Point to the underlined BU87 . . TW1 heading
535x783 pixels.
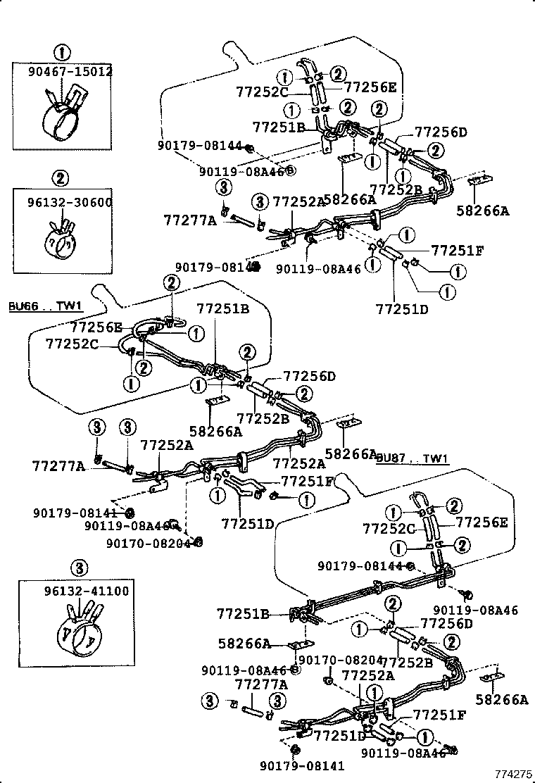pyautogui.click(x=413, y=459)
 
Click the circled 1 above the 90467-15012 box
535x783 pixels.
pyautogui.click(x=63, y=51)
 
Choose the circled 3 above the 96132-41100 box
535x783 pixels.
pyautogui.click(x=79, y=567)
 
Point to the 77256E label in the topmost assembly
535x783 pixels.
pyautogui.click(x=370, y=87)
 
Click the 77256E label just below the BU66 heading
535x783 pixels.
pyautogui.click(x=96, y=327)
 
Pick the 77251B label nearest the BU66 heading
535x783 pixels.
pyautogui.click(x=223, y=308)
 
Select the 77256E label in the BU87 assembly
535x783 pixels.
pyautogui.click(x=482, y=522)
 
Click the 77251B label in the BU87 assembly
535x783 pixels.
pyautogui.click(x=244, y=614)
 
